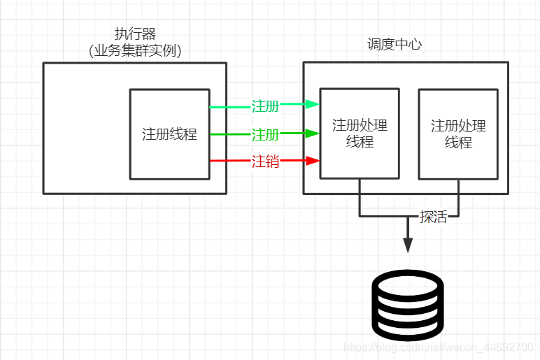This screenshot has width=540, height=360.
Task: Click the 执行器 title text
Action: pos(135,34)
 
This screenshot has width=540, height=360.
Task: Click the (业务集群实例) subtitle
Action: pos(135,50)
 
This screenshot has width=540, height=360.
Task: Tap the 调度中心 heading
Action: pos(395,44)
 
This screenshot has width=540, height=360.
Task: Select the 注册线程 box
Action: pos(169,134)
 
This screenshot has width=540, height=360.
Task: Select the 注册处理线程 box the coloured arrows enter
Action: pos(360,134)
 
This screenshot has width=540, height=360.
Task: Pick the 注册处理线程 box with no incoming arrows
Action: pos(458,134)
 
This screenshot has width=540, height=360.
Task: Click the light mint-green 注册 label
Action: pos(265,106)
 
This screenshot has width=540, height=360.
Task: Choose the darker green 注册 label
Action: pos(265,134)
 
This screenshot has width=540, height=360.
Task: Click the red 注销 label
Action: pos(265,161)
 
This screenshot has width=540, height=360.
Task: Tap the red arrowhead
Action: pos(314,161)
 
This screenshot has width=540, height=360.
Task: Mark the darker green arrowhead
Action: pos(314,133)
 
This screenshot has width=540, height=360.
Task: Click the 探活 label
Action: pos(433,216)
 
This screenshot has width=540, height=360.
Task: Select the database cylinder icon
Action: pos(408,303)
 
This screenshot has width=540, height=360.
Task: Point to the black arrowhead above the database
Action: pos(408,245)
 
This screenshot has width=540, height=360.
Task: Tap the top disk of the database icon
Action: pos(408,284)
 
